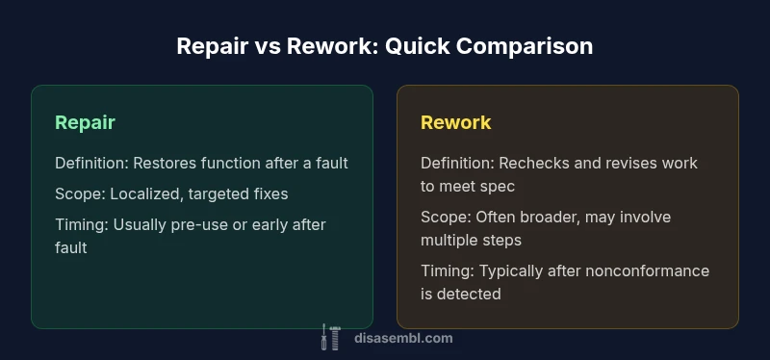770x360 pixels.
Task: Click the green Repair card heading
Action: click(85, 122)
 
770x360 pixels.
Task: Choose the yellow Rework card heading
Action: click(455, 122)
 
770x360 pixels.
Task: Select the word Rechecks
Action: click(535, 164)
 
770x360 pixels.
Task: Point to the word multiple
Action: click(450, 240)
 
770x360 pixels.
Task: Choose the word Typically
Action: click(511, 270)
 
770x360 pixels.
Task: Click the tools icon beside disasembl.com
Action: click(331, 337)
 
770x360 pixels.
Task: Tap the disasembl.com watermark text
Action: click(401, 338)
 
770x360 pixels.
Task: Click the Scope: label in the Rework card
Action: click(443, 217)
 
